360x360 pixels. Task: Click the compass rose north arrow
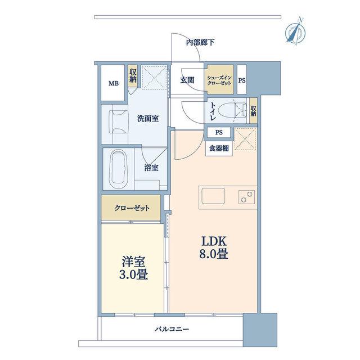click(x=295, y=31)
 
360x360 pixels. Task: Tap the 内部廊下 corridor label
click(x=200, y=43)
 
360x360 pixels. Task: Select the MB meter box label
click(x=114, y=83)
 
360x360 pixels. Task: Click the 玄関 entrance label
click(x=187, y=80)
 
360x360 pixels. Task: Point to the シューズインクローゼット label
click(x=219, y=80)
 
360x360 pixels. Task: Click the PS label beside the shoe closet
click(x=242, y=80)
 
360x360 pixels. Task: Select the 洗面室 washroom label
click(x=148, y=119)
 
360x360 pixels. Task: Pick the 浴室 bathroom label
click(x=151, y=168)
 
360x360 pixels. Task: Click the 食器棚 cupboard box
click(x=219, y=148)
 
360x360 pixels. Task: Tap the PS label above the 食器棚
click(x=219, y=133)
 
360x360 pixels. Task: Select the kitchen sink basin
click(x=213, y=196)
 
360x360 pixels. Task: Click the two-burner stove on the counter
click(x=246, y=197)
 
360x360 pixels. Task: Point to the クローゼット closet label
click(x=132, y=208)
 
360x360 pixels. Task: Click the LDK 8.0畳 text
click(x=214, y=247)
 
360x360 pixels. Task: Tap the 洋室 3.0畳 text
click(x=133, y=268)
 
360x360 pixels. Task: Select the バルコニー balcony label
click(x=172, y=329)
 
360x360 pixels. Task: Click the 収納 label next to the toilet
click(x=253, y=111)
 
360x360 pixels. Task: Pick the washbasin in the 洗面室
click(x=119, y=121)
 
